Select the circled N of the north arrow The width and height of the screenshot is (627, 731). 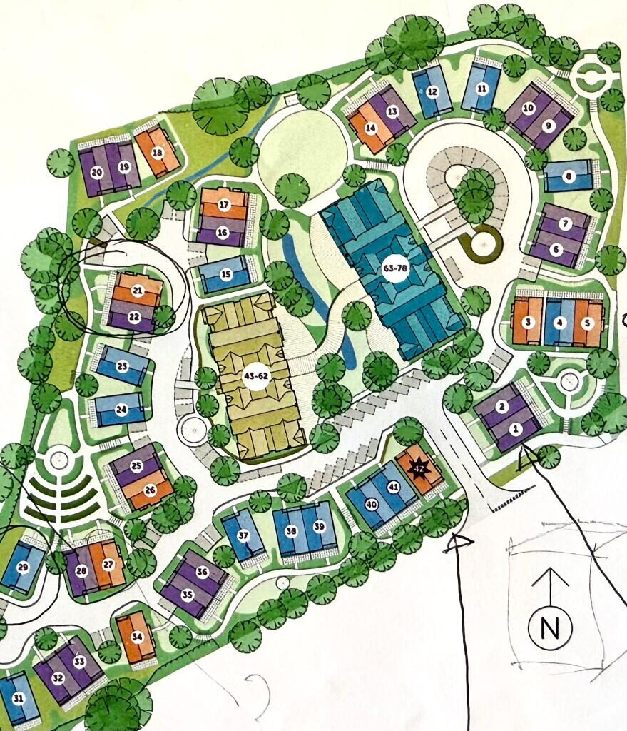(549, 628)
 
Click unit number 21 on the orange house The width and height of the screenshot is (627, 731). (138, 291)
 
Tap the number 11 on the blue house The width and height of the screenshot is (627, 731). (481, 89)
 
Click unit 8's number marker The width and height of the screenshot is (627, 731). (569, 176)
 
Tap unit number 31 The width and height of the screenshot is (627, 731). (19, 697)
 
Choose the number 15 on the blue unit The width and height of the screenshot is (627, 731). (226, 273)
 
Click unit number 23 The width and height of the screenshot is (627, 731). (122, 366)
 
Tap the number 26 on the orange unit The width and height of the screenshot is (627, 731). (151, 490)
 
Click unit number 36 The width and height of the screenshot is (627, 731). (202, 572)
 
